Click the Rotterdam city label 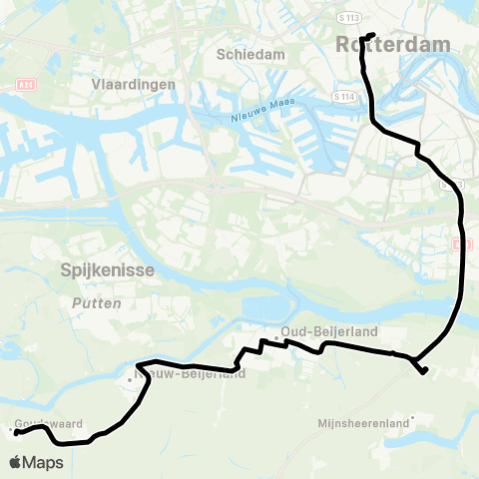click(x=393, y=45)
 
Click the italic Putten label click(x=97, y=302)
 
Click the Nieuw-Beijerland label click(x=190, y=375)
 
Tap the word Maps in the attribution click(x=43, y=463)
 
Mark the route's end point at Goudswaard click(x=16, y=432)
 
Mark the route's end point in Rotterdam click(x=372, y=36)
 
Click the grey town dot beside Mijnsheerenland click(x=412, y=417)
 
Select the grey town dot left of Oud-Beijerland click(x=276, y=336)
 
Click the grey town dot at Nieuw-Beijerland click(x=129, y=379)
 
